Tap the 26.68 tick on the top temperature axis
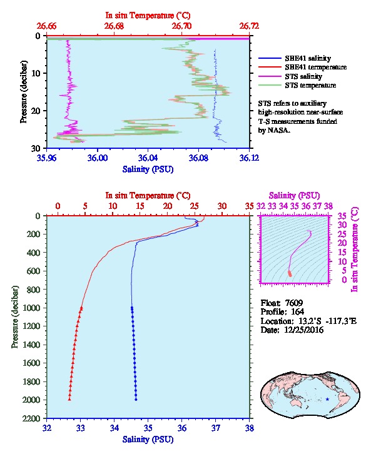[114, 26]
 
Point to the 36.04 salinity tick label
[148, 158]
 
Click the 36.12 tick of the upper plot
[249, 158]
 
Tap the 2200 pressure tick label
[31, 418]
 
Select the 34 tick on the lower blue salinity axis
[114, 428]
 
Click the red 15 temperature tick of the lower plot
[140, 206]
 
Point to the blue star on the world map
[327, 399]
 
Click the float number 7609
[294, 303]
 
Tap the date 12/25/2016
[301, 330]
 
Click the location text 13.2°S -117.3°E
[327, 321]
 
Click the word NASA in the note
[273, 130]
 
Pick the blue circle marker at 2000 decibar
[136, 400]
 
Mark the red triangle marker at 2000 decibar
[69, 399]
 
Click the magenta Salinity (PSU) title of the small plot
[294, 196]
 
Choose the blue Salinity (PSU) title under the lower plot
[148, 440]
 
